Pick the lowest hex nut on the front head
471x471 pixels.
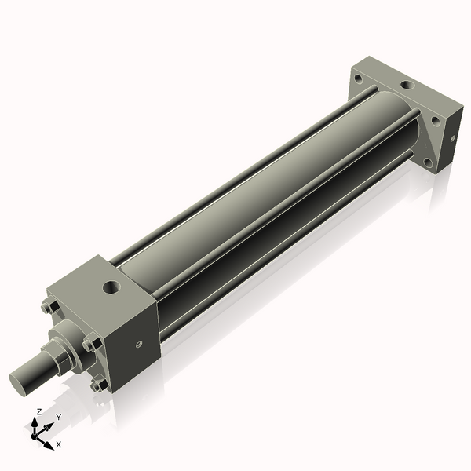97,385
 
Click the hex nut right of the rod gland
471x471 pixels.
92,343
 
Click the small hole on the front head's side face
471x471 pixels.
138,342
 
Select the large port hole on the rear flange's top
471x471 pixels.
407,86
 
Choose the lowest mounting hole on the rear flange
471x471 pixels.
427,162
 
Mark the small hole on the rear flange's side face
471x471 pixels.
452,140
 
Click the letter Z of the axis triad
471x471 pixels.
39,411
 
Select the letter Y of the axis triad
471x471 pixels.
58,417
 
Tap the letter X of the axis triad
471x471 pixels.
59,444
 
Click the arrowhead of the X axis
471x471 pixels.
49,444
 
